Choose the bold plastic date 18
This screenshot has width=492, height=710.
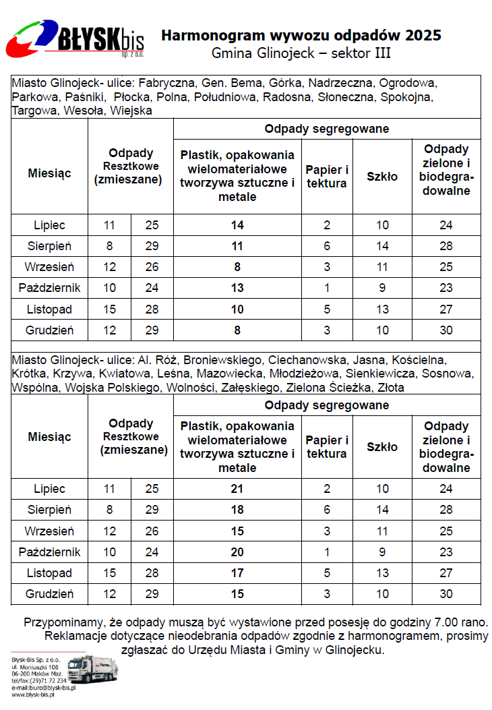coord(237,510)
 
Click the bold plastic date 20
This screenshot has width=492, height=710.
coord(237,552)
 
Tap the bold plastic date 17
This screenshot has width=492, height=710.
coord(237,573)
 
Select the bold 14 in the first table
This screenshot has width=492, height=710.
coord(237,225)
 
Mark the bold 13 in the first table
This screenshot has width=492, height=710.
coord(237,288)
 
